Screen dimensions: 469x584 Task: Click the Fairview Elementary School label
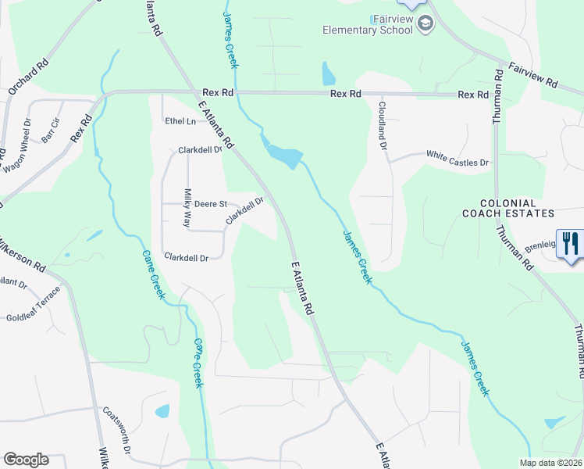368,25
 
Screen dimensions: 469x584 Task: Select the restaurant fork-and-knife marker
571,242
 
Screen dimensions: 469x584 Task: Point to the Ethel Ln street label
180,121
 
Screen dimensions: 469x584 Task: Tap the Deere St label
210,203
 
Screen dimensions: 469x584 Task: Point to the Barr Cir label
51,130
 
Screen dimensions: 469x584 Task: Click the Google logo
26,460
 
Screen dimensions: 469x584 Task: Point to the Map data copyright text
550,463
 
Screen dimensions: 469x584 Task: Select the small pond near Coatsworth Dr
162,411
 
